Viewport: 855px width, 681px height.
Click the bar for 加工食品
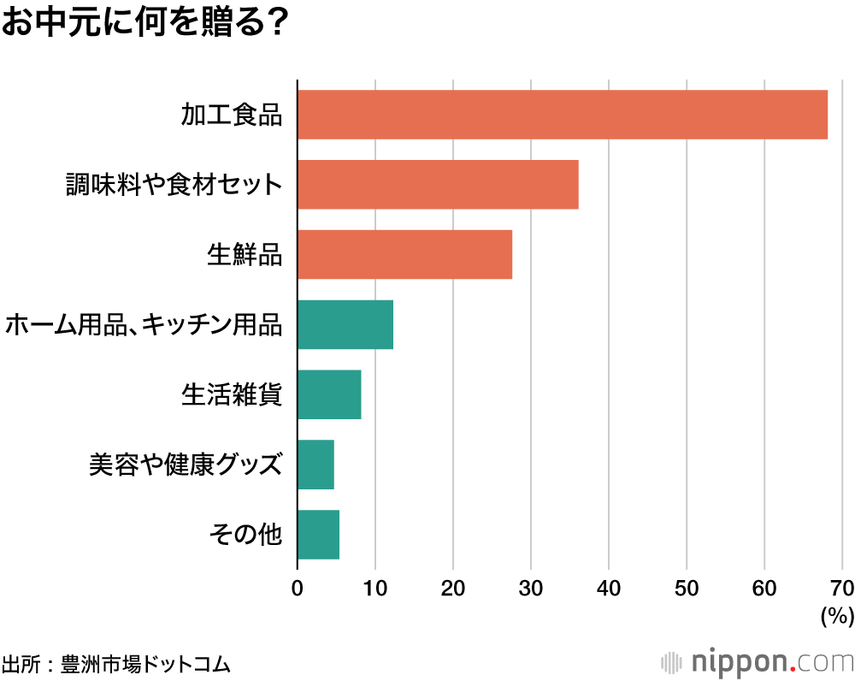pyautogui.click(x=563, y=115)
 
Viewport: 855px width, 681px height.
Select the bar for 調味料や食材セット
pyautogui.click(x=438, y=185)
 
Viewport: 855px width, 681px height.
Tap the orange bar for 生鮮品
pyautogui.click(x=404, y=254)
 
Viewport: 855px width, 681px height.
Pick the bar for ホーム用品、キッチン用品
pyautogui.click(x=345, y=324)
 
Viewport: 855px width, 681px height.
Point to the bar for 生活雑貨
pyautogui.click(x=329, y=394)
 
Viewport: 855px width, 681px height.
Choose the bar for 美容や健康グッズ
pyautogui.click(x=315, y=465)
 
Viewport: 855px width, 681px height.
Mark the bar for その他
pyautogui.click(x=318, y=535)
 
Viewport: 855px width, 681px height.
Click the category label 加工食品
pyautogui.click(x=231, y=115)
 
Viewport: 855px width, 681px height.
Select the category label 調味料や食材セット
pyautogui.click(x=174, y=185)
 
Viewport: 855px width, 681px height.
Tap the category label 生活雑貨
pyautogui.click(x=231, y=394)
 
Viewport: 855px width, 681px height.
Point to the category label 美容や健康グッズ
pyautogui.click(x=186, y=465)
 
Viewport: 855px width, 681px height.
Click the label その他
pyautogui.click(x=245, y=535)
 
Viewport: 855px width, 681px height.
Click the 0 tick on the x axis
pyautogui.click(x=298, y=589)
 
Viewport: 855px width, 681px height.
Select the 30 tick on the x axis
pyautogui.click(x=531, y=589)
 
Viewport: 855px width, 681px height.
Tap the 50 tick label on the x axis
pyautogui.click(x=687, y=589)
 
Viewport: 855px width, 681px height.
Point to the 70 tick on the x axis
pyautogui.click(x=841, y=589)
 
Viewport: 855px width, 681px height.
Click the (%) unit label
pyautogui.click(x=837, y=615)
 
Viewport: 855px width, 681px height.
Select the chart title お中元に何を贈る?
pyautogui.click(x=143, y=23)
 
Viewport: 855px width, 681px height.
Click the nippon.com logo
pyautogui.click(x=758, y=662)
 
